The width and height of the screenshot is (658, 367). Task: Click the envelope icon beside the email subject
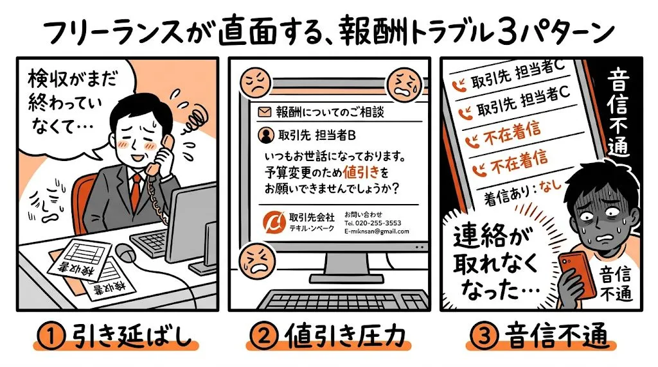[x=262, y=112]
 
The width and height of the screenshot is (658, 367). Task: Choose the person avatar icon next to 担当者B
[x=263, y=135]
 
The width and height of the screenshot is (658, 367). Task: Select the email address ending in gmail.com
[x=377, y=232]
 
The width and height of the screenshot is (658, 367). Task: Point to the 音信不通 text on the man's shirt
[x=616, y=285]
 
